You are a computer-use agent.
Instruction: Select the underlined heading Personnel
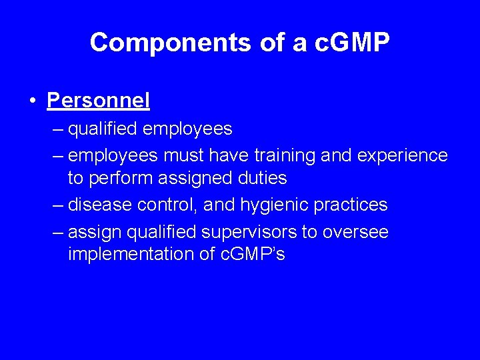coord(99,100)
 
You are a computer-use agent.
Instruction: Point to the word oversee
coord(356,232)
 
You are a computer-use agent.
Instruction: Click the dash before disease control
coord(58,205)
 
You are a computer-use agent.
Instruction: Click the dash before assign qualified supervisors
coord(58,232)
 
